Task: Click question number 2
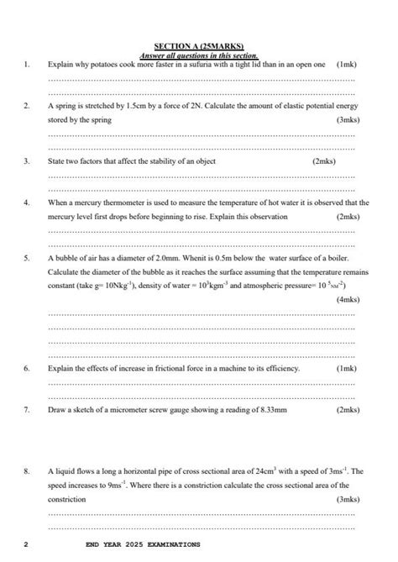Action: [x=28, y=107]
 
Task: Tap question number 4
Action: [x=28, y=202]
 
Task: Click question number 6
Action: [x=28, y=368]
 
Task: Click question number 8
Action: [x=28, y=471]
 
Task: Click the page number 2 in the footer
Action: [x=26, y=544]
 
